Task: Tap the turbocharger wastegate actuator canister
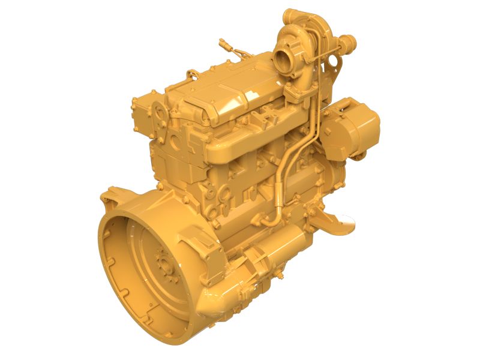coord(346,43)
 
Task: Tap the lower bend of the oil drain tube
coord(273,216)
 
